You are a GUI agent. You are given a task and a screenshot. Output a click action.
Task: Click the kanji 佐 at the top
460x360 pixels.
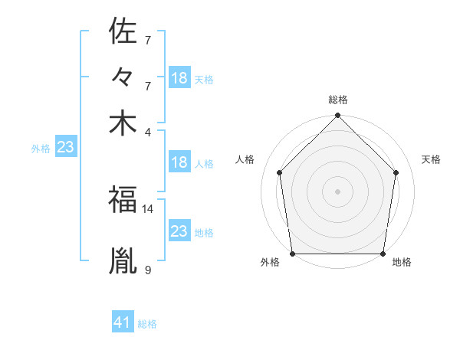pyautogui.click(x=123, y=31)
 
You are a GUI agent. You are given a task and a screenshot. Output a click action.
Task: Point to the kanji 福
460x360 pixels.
pyautogui.click(x=123, y=200)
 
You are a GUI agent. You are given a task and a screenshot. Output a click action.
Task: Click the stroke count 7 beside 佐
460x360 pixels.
pyautogui.click(x=148, y=39)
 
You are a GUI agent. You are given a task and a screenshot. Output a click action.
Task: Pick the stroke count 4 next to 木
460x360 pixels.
pyautogui.click(x=148, y=131)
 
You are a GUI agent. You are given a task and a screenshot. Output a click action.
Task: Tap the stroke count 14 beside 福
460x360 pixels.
pyautogui.click(x=148, y=208)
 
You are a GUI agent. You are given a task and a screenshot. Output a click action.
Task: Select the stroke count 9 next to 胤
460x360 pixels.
pyautogui.click(x=148, y=269)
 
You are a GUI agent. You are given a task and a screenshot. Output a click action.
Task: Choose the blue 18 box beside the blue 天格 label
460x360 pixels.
pyautogui.click(x=179, y=78)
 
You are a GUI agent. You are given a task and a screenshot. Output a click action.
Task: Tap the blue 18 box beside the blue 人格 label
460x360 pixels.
pyautogui.click(x=179, y=162)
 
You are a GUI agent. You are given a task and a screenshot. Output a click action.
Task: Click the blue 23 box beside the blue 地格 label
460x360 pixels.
pyautogui.click(x=179, y=231)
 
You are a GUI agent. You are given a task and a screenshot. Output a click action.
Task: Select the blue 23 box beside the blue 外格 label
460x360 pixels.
pyautogui.click(x=65, y=148)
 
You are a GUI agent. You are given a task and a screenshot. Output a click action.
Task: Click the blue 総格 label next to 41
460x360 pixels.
pyautogui.click(x=147, y=324)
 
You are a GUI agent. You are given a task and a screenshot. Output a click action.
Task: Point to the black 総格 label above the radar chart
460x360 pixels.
pyautogui.click(x=338, y=100)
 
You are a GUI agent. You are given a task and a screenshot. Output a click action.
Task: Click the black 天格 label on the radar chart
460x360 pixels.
pyautogui.click(x=431, y=159)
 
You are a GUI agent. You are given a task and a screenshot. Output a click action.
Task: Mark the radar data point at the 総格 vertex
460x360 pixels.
pyautogui.click(x=338, y=116)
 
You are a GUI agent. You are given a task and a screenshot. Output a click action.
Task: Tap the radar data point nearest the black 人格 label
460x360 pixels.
pyautogui.click(x=280, y=172)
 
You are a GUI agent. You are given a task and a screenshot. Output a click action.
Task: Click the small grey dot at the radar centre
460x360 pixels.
pyautogui.click(x=338, y=191)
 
